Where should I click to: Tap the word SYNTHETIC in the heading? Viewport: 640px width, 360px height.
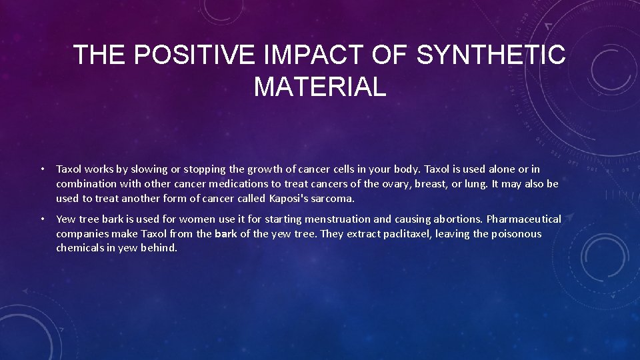[491, 55]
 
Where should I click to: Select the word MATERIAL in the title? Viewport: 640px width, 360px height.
[320, 87]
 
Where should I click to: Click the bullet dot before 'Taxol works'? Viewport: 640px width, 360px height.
[42, 169]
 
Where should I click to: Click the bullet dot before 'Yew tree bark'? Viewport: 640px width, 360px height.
[42, 219]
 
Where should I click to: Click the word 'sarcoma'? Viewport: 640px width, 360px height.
[336, 199]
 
